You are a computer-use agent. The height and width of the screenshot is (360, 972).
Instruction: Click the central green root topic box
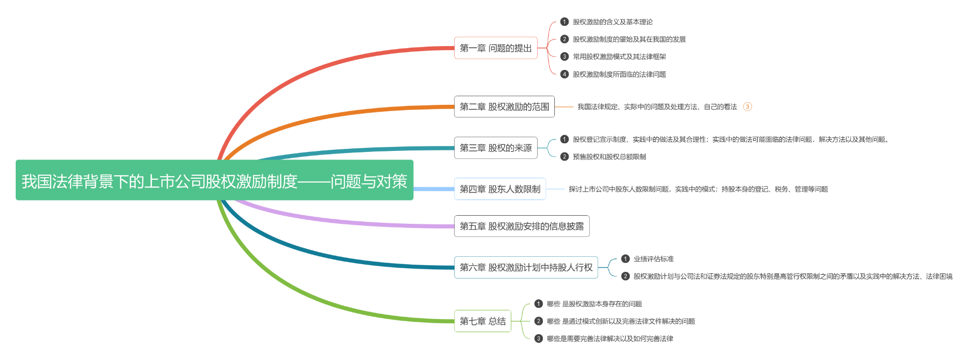pyautogui.click(x=214, y=180)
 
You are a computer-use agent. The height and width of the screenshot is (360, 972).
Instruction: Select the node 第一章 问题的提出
pyautogui.click(x=496, y=48)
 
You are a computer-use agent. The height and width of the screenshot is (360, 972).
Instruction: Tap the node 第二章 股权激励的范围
pyautogui.click(x=504, y=106)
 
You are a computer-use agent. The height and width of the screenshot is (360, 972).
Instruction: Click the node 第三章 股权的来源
pyautogui.click(x=496, y=148)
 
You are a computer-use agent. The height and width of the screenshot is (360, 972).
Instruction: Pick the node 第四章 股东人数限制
pyautogui.click(x=500, y=189)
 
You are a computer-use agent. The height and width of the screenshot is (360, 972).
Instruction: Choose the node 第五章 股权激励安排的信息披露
pyautogui.click(x=521, y=226)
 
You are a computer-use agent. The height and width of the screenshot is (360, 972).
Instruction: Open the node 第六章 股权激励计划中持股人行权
pyautogui.click(x=526, y=267)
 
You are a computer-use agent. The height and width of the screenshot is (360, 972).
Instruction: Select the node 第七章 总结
pyautogui.click(x=482, y=321)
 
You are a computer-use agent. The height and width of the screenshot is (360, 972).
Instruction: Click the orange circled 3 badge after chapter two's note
pyautogui.click(x=747, y=106)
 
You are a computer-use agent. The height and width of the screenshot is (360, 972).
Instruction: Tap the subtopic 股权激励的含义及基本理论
pyautogui.click(x=613, y=22)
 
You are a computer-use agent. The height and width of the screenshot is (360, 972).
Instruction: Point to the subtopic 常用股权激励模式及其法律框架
pyautogui.click(x=619, y=57)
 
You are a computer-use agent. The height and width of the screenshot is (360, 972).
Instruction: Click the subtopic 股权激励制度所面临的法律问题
pyautogui.click(x=619, y=74)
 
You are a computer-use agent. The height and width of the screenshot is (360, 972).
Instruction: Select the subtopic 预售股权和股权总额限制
pyautogui.click(x=609, y=157)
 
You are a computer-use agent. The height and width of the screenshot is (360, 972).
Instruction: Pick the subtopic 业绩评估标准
pyautogui.click(x=654, y=259)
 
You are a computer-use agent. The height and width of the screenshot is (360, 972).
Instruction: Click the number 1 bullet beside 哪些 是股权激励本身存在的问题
pyautogui.click(x=539, y=304)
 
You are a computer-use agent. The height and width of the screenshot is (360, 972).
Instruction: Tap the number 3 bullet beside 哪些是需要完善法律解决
pyautogui.click(x=539, y=339)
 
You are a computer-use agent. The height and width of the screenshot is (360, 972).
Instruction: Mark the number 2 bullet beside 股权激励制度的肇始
pyautogui.click(x=564, y=39)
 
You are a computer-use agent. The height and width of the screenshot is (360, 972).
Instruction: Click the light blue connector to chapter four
pyautogui.click(x=434, y=189)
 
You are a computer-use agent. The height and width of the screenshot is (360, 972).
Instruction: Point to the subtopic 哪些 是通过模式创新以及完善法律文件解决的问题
pyautogui.click(x=621, y=321)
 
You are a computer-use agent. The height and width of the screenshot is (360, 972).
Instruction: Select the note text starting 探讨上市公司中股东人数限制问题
pyautogui.click(x=698, y=189)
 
